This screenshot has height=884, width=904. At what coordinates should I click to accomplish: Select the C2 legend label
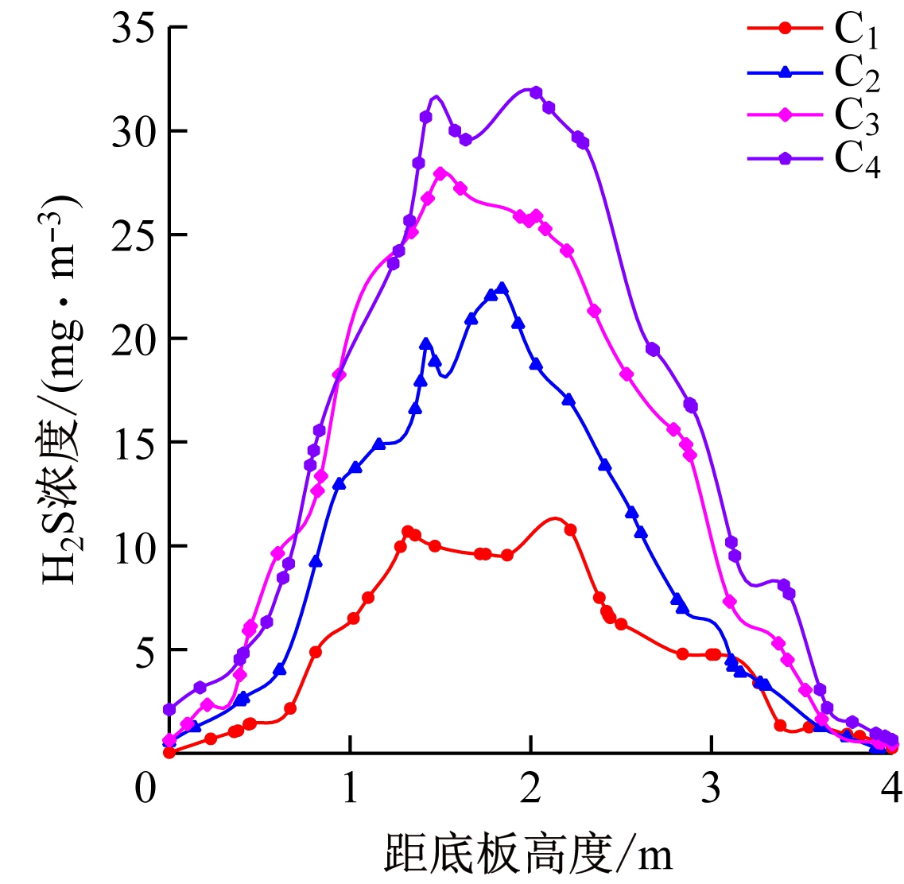[x=856, y=73]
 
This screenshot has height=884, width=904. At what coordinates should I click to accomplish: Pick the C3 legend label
[x=856, y=116]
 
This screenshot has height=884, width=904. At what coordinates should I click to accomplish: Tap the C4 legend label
[x=856, y=159]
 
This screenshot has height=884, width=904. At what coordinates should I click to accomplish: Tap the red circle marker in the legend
[x=785, y=29]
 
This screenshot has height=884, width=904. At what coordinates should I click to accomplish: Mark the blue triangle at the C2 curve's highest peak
[x=502, y=288]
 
